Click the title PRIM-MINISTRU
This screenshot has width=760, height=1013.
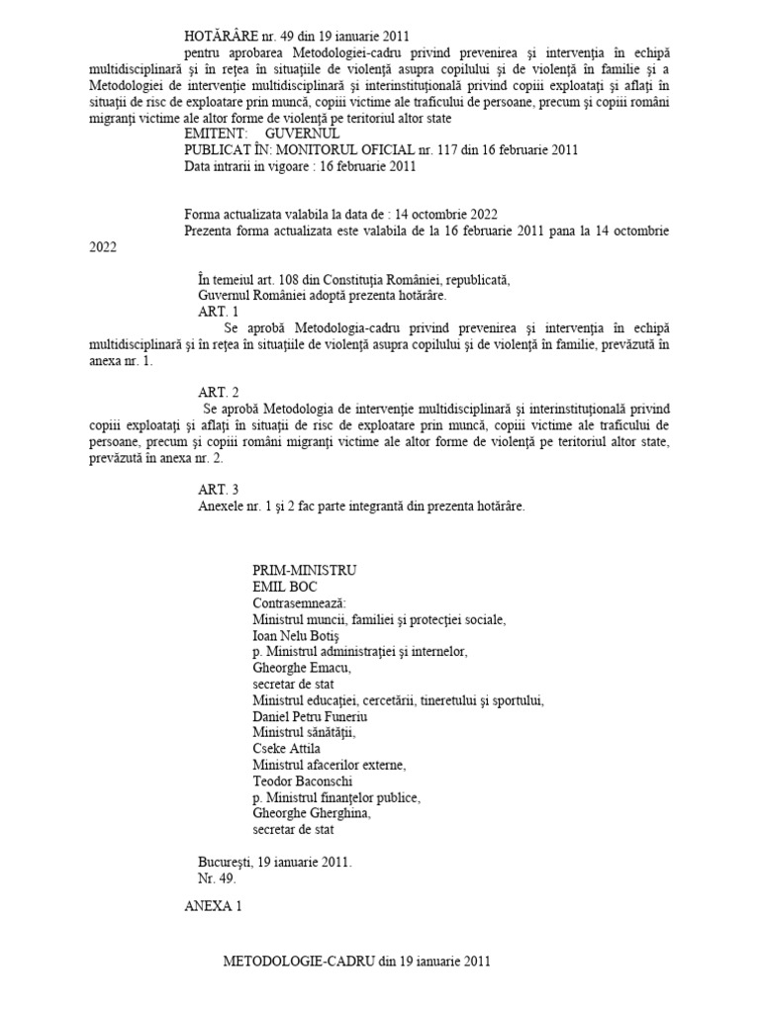click(x=305, y=571)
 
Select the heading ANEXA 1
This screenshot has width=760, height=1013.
click(x=213, y=906)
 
